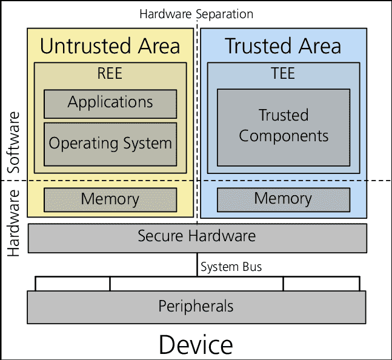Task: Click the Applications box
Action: [x=110, y=104]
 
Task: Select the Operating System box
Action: [x=110, y=144]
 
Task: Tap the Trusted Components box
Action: [x=284, y=127]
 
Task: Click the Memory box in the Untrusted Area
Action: [x=110, y=199]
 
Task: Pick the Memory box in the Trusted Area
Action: [x=284, y=199]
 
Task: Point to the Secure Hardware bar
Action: [x=197, y=237]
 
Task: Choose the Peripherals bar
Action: [x=196, y=307]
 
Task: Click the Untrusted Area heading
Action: [x=110, y=46]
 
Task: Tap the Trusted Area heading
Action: [x=283, y=46]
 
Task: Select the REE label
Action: [x=110, y=74]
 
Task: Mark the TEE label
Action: [x=283, y=74]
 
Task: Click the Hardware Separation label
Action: [x=196, y=13]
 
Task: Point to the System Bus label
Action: [x=231, y=267]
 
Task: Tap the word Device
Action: [x=196, y=345]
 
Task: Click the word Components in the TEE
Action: [x=284, y=136]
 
